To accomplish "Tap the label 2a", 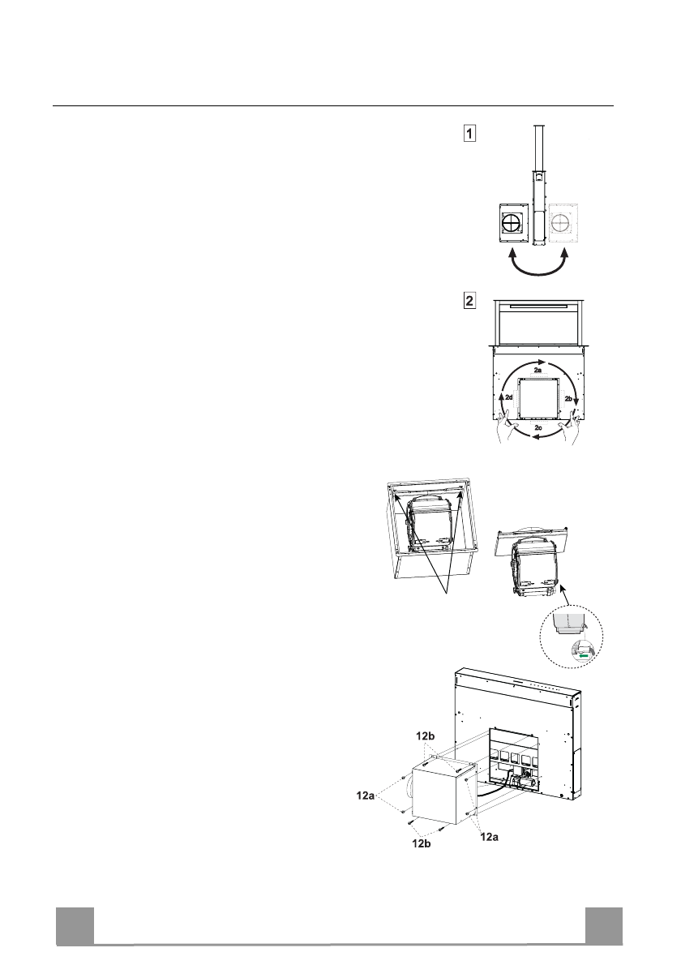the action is click(x=538, y=369).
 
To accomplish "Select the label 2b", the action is click(x=568, y=400).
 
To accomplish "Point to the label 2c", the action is click(x=538, y=426).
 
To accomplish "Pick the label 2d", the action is click(x=508, y=400).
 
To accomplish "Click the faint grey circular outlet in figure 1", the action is click(x=563, y=224).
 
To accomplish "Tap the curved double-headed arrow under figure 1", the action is click(x=538, y=268).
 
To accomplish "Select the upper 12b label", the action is click(x=426, y=736).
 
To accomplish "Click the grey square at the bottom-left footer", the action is click(x=75, y=926).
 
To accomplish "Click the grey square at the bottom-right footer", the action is click(x=604, y=926).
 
